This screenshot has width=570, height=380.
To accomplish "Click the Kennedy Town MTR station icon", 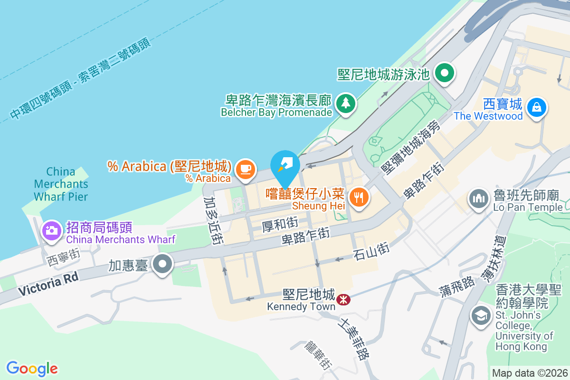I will (x=342, y=300).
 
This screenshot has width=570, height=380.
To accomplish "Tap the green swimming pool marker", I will (x=445, y=74).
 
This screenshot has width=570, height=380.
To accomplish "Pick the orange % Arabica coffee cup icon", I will (x=245, y=169).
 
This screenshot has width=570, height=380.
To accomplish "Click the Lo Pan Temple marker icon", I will (x=479, y=199).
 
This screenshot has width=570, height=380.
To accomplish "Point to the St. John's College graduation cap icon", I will (x=481, y=315).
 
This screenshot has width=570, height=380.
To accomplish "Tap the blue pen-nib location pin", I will (x=285, y=165).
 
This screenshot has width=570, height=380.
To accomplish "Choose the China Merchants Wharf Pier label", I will (x=61, y=184).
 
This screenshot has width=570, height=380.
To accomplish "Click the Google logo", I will (x=32, y=368).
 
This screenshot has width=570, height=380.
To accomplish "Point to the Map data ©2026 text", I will (x=530, y=373).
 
